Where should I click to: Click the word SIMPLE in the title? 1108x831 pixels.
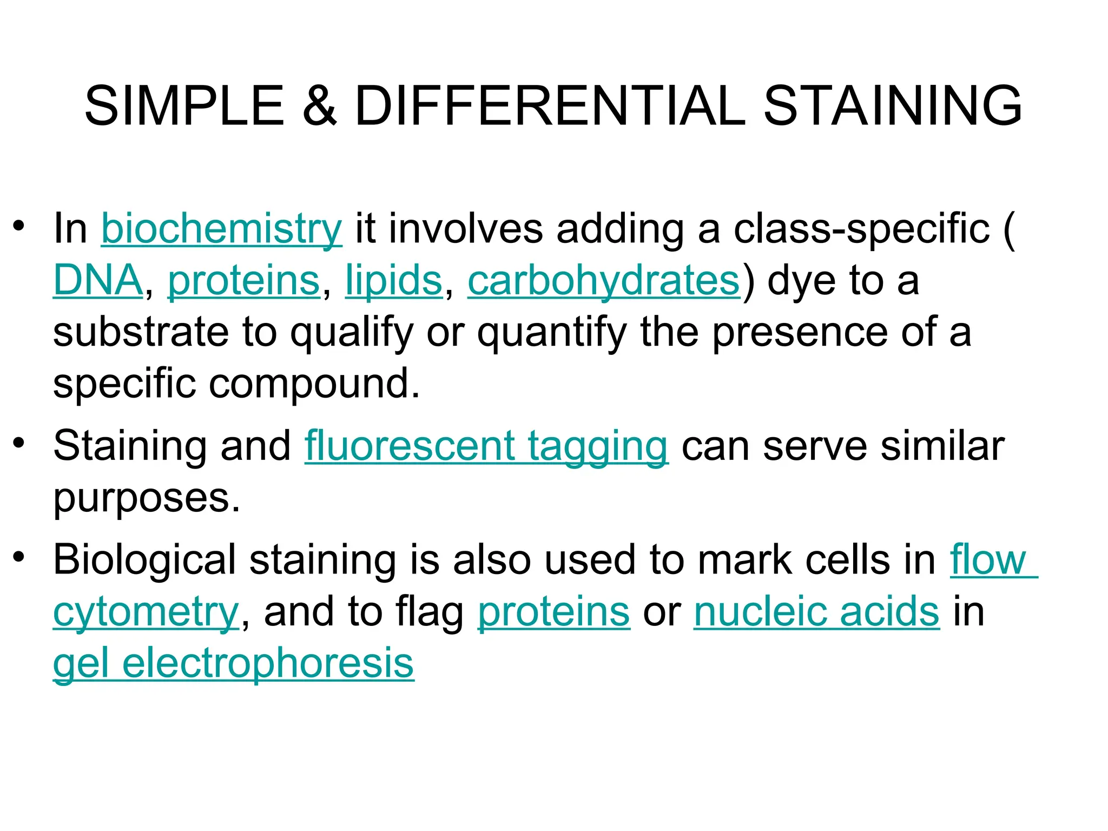click(x=184, y=106)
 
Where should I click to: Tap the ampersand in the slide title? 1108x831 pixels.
click(x=320, y=106)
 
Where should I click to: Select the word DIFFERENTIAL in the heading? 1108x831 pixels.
click(x=550, y=106)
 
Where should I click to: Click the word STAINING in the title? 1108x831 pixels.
click(x=892, y=106)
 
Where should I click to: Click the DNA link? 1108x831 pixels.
click(x=98, y=281)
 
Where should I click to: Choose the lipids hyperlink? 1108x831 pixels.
click(x=394, y=281)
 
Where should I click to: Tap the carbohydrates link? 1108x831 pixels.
click(x=603, y=281)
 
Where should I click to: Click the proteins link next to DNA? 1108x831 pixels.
click(x=244, y=281)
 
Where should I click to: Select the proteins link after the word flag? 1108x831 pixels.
click(x=553, y=612)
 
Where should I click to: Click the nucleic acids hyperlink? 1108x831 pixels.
click(x=816, y=612)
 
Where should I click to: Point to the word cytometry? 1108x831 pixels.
click(x=146, y=613)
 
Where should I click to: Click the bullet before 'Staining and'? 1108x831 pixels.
click(x=19, y=443)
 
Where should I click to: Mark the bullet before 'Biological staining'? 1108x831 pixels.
click(x=19, y=557)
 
